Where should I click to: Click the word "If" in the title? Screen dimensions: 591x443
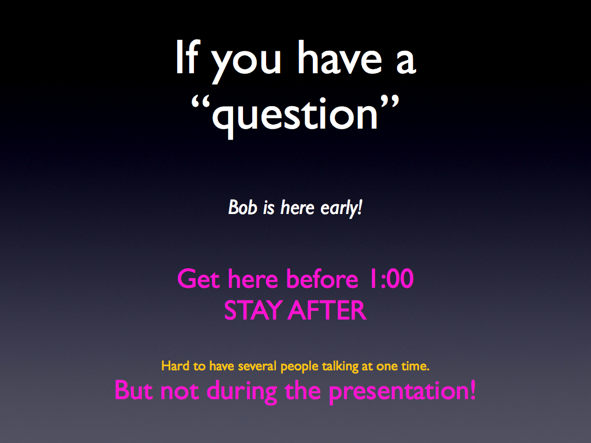click(x=188, y=57)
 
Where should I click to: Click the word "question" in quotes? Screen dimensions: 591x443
click(x=295, y=115)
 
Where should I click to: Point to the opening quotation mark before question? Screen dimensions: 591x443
click(x=200, y=103)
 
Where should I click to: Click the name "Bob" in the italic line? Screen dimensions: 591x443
click(x=243, y=208)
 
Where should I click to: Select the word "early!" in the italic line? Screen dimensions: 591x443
click(x=342, y=208)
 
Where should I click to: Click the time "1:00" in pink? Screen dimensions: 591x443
click(x=391, y=279)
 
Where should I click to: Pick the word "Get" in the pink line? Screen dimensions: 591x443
click(x=199, y=279)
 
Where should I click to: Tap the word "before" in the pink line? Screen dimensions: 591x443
click(x=322, y=279)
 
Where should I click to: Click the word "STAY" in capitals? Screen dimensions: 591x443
click(x=253, y=311)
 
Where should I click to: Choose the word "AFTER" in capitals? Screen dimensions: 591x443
click(x=328, y=311)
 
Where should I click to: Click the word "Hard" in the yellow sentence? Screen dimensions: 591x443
click(x=175, y=366)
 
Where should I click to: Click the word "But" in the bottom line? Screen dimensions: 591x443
click(x=134, y=391)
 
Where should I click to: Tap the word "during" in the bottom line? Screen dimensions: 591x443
click(x=242, y=392)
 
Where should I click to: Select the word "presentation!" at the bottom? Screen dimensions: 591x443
click(x=402, y=392)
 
